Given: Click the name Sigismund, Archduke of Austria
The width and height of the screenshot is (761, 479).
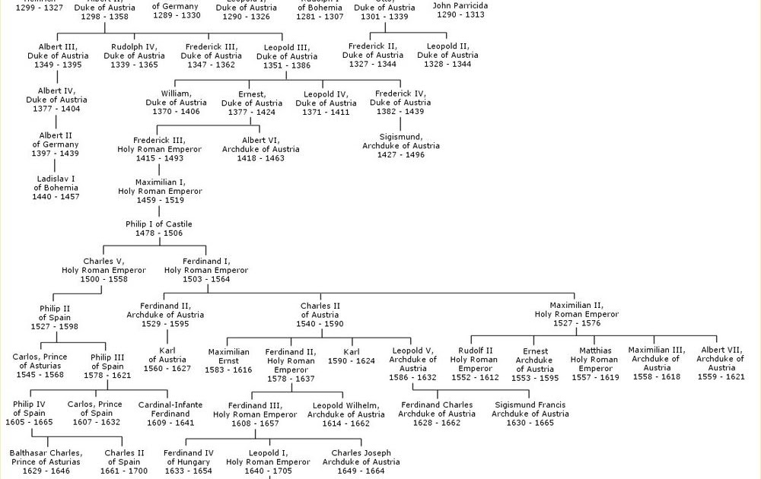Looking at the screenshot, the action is coord(401,141).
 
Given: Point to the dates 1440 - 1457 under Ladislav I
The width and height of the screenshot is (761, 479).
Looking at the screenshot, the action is coord(56,197).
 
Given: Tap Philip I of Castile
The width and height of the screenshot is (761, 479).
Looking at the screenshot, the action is coord(159,224).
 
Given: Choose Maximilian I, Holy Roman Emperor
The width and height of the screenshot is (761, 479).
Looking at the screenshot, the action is coord(160,187).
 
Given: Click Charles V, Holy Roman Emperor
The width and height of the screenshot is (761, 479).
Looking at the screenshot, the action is coord(103,265).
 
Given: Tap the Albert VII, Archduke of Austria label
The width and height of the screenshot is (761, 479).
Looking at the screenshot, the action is coord(720,355).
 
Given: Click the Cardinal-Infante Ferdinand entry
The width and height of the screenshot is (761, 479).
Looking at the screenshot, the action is coord(170,409).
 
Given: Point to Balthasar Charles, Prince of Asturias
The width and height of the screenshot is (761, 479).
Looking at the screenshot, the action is coord(46,458).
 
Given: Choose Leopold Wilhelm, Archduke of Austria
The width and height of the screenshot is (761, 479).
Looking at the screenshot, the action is coord(346,410).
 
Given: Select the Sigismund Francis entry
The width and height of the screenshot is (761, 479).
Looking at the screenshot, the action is coord(530,410).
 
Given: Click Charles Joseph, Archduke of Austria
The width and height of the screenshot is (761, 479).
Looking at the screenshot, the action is coord(361,458).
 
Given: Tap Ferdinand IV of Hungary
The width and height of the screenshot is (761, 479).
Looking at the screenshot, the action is coord(188,458).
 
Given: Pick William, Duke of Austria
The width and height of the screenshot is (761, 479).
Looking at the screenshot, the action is coord(176,98).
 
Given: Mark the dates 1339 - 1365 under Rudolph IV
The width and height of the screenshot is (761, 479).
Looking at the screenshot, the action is coord(134,65).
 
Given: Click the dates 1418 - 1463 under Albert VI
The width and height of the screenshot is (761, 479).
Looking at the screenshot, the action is coord(261,158).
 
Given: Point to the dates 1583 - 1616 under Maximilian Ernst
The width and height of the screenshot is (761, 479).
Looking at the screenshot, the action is coord(228,370).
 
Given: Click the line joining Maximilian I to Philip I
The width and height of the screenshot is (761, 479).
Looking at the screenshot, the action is coord(159,212).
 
